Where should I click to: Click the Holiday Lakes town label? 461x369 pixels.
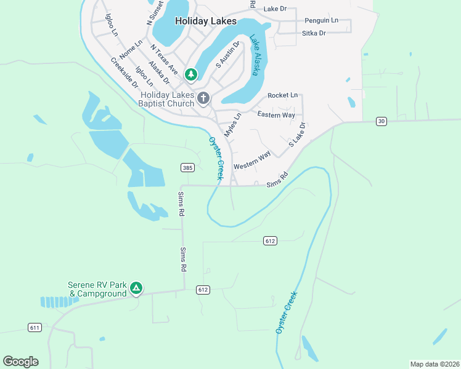[x=205, y=21]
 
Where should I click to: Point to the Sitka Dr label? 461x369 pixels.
[x=314, y=33]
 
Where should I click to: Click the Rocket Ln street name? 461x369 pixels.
[x=282, y=95]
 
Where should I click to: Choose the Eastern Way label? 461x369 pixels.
[x=276, y=115]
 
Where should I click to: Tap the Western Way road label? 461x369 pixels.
[x=252, y=162]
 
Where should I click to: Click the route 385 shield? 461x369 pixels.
[x=188, y=167]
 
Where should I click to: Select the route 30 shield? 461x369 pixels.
[x=381, y=122]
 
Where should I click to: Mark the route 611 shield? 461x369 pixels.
[x=35, y=327]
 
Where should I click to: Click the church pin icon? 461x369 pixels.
[x=203, y=97]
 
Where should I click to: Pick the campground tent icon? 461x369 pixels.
[x=136, y=287]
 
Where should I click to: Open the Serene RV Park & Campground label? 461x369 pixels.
[x=97, y=289]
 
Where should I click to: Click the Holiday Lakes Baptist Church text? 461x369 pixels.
[x=166, y=100]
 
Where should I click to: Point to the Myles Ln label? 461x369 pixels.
[x=232, y=125]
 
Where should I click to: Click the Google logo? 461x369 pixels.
[x=20, y=362]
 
